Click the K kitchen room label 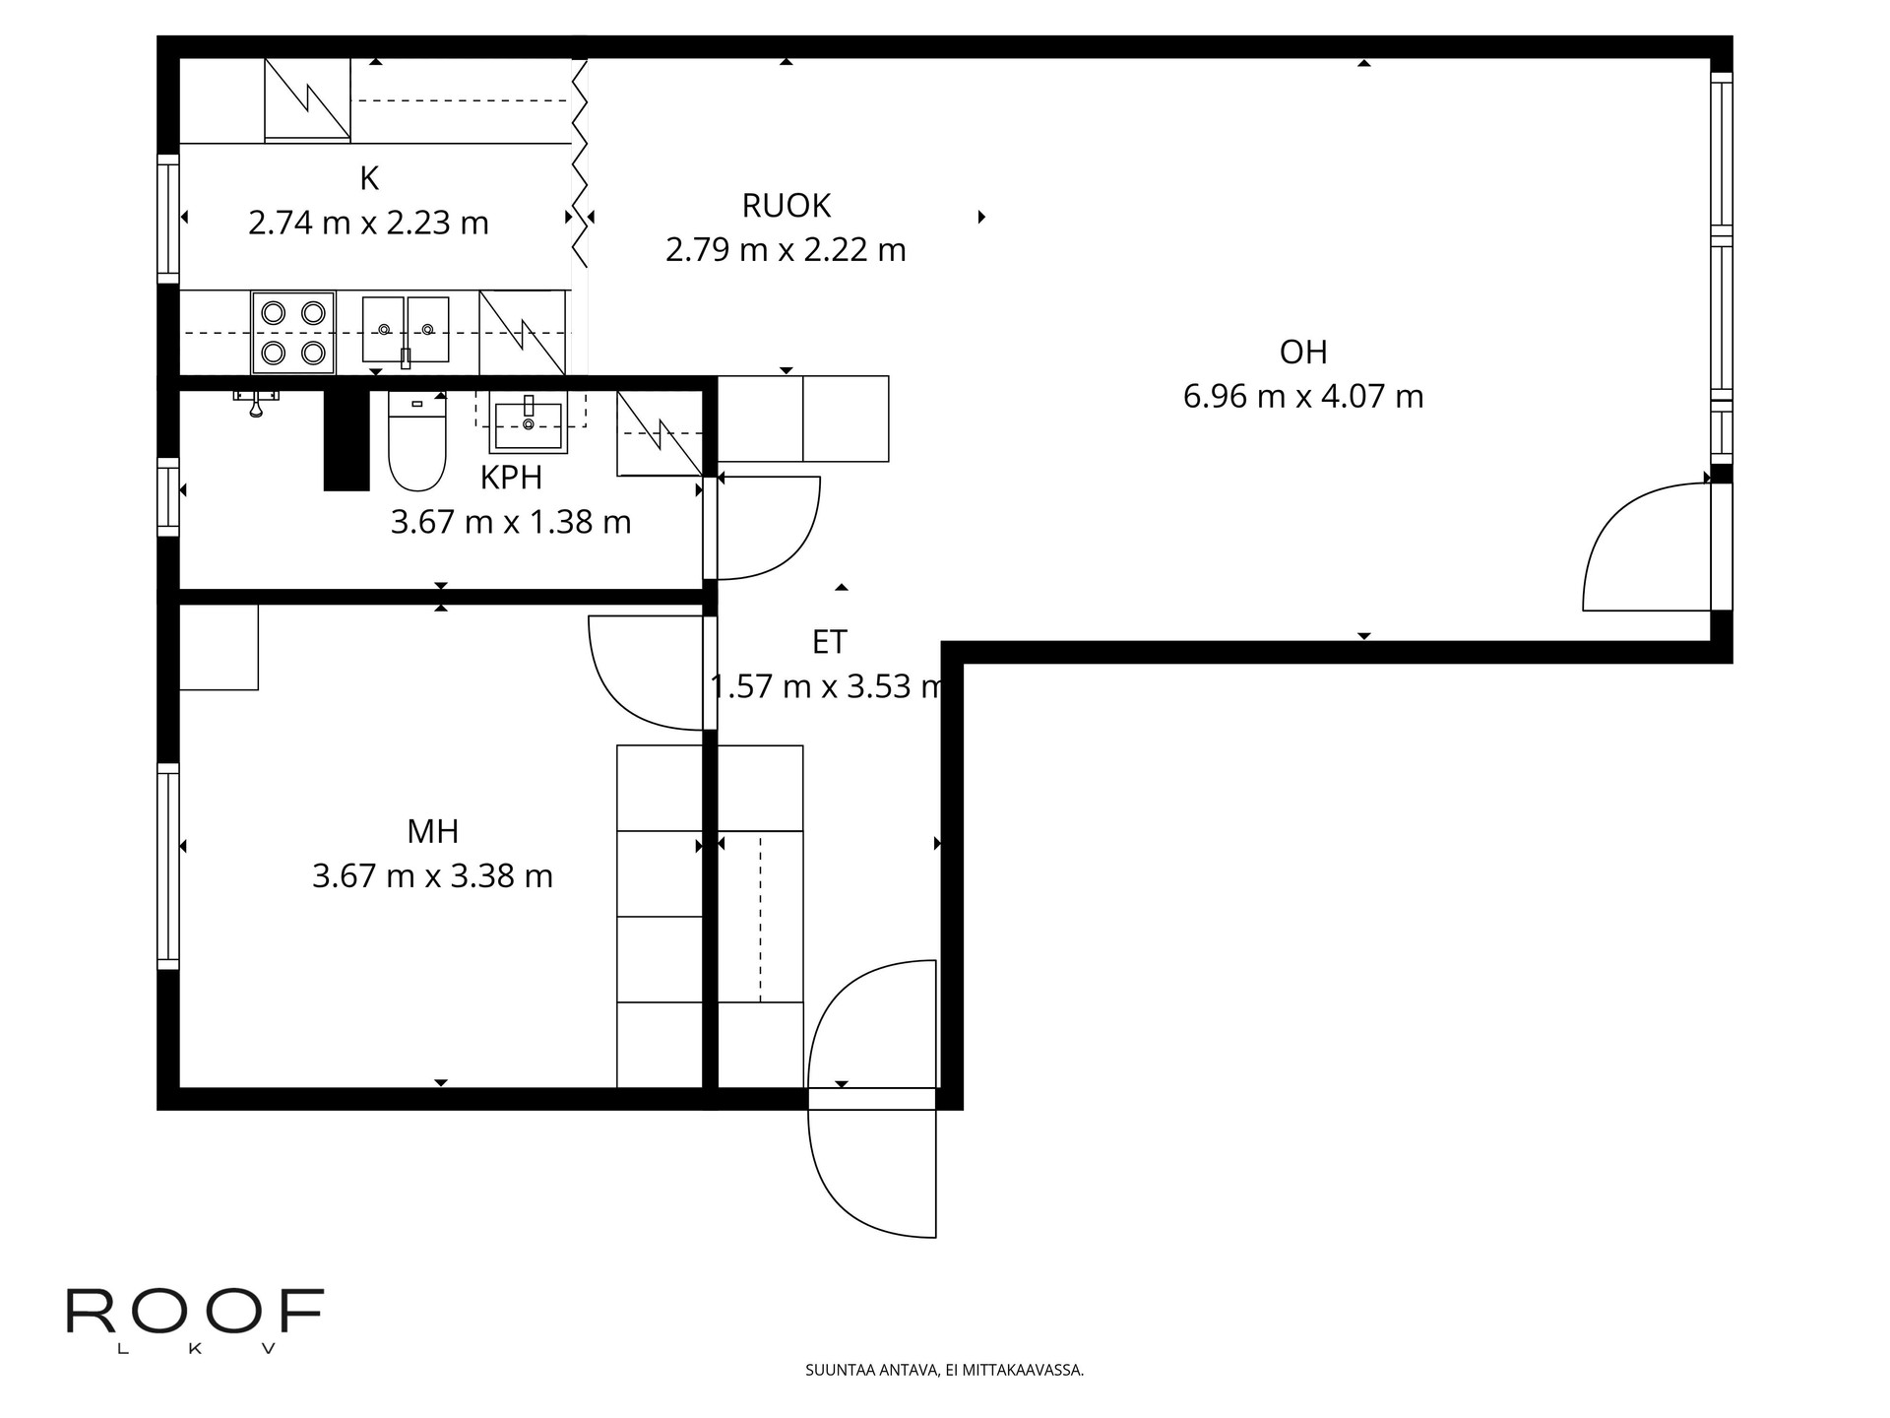pyautogui.click(x=369, y=179)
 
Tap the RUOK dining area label pyautogui.click(x=787, y=206)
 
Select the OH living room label pyautogui.click(x=1303, y=352)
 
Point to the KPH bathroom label pyautogui.click(x=511, y=478)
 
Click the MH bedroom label pyautogui.click(x=433, y=832)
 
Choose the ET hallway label pyautogui.click(x=829, y=642)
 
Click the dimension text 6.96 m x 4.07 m pyautogui.click(x=1303, y=397)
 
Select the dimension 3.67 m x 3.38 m pyautogui.click(x=433, y=876)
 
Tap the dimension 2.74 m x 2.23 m pyautogui.click(x=369, y=224)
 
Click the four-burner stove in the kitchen pyautogui.click(x=293, y=333)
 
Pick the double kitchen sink pyautogui.click(x=406, y=330)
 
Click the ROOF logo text pyautogui.click(x=195, y=1311)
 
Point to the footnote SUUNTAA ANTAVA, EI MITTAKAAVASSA pyautogui.click(x=945, y=1370)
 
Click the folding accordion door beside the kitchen pyautogui.click(x=580, y=163)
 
